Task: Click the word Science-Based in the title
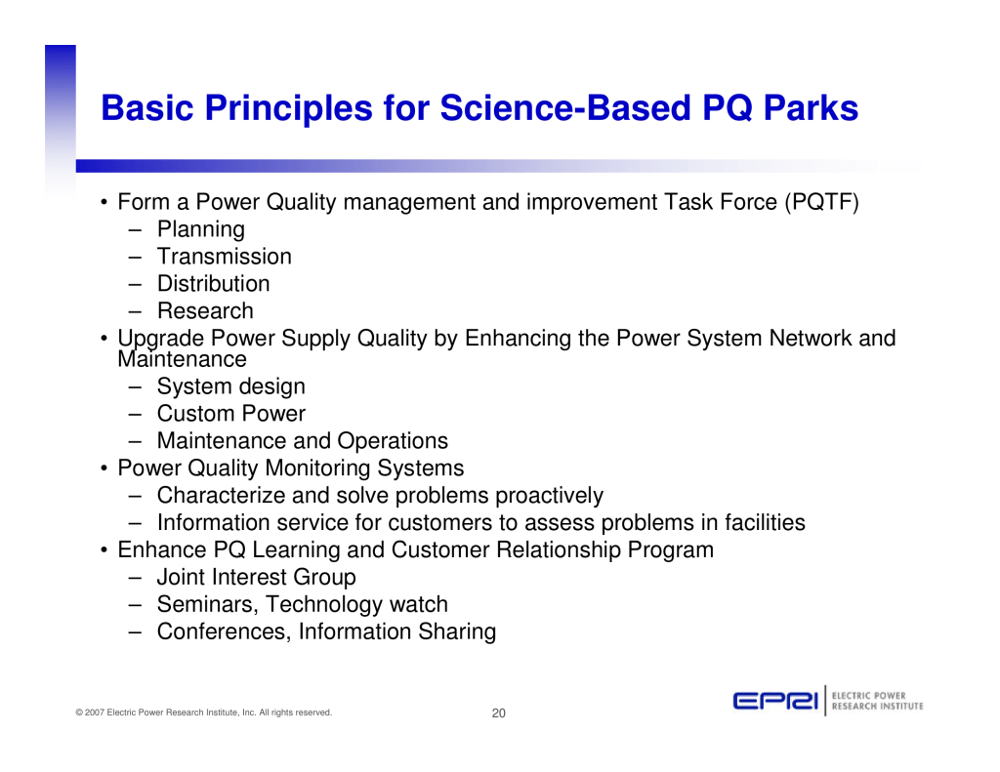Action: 565,107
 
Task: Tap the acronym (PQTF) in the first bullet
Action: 822,202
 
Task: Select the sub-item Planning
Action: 201,229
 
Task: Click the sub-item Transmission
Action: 225,257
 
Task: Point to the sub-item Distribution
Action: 214,284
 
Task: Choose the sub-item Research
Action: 205,311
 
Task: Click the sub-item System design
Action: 230,386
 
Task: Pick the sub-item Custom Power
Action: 231,414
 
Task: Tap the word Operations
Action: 393,441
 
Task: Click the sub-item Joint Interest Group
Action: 257,577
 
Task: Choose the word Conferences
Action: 224,631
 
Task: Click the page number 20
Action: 499,713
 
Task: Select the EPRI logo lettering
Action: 775,701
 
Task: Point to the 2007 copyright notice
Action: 204,712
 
